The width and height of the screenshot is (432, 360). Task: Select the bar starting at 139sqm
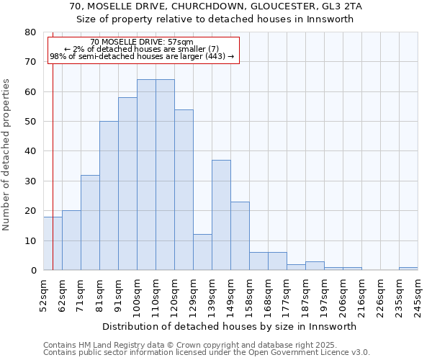tap(221, 215)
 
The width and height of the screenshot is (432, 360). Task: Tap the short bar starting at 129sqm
tap(202, 253)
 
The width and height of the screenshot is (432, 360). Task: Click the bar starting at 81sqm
tap(109, 196)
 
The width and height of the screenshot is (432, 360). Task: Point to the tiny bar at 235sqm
tap(408, 269)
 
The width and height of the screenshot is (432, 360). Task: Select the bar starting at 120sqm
tap(184, 190)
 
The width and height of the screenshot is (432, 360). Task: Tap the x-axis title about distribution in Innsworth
tap(230, 326)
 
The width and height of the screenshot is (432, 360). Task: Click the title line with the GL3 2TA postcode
tap(216, 6)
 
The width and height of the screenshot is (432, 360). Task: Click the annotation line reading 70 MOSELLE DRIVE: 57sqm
tap(143, 42)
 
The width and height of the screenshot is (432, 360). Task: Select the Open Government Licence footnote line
tap(207, 353)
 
